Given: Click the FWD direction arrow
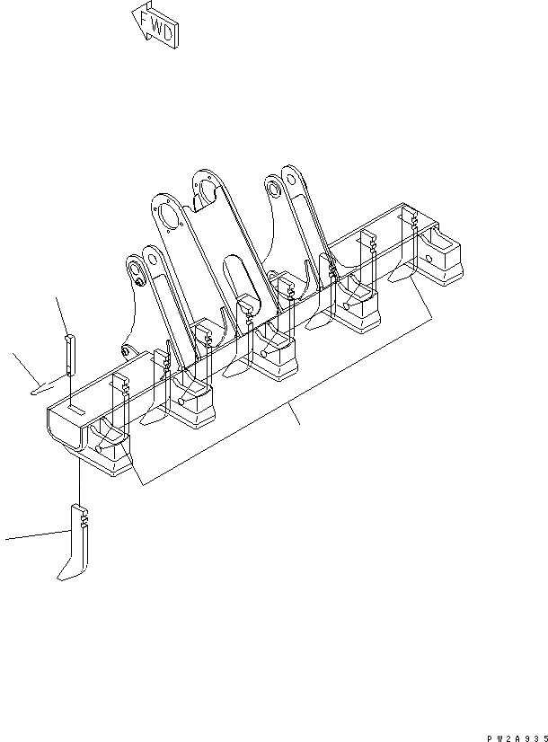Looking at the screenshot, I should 154,24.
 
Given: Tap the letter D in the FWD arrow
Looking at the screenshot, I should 168,36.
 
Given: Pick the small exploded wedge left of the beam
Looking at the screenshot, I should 45,389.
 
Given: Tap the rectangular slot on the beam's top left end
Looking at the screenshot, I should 75,410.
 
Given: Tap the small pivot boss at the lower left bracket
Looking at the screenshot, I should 126,349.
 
